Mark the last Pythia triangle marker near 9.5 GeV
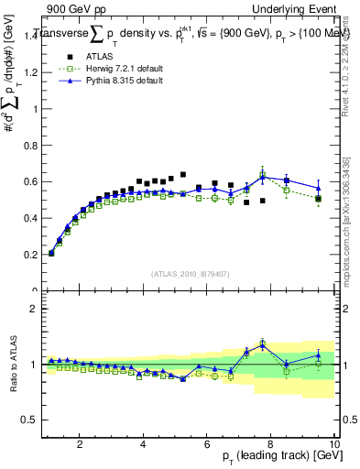318,188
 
